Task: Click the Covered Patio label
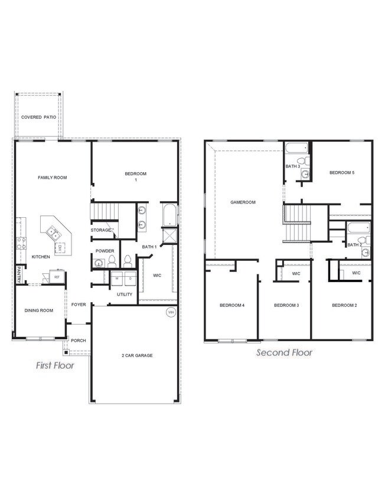[x=39, y=117]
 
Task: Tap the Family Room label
[x=53, y=177]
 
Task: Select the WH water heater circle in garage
[x=171, y=313]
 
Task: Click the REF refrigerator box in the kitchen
[x=57, y=277]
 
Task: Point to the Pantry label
[x=18, y=273]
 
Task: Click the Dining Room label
[x=38, y=310]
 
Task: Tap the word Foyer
[x=79, y=304]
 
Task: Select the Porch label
[x=79, y=340]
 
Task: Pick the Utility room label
[x=125, y=294]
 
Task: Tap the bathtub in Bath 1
[x=168, y=215]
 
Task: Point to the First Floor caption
[x=55, y=366]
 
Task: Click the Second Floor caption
[x=284, y=353]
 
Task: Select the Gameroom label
[x=243, y=202]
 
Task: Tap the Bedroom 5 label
[x=342, y=172]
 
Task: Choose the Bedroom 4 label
[x=232, y=305]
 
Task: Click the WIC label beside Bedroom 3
[x=296, y=274]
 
